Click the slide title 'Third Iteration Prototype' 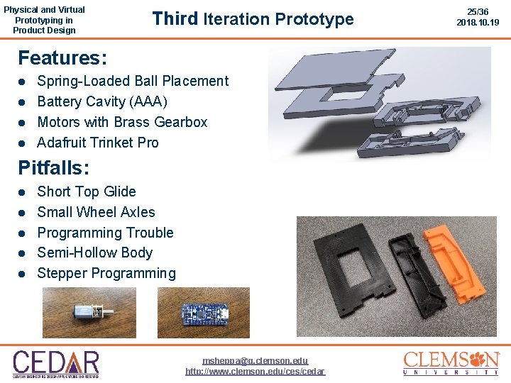[x=253, y=19]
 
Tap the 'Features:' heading [x=62, y=57]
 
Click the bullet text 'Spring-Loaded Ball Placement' [x=133, y=81]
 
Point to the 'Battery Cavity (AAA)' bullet [x=102, y=101]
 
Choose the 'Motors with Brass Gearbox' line [x=122, y=122]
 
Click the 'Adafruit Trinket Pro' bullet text [x=98, y=143]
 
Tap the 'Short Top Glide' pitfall [x=87, y=191]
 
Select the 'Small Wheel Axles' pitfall [x=96, y=212]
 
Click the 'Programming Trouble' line [x=105, y=233]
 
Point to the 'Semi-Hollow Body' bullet [x=95, y=252]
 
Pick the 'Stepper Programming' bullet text [x=106, y=273]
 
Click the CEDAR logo [x=55, y=363]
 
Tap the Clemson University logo [x=451, y=362]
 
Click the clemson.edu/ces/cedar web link [x=255, y=372]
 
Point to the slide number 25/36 [x=478, y=12]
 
